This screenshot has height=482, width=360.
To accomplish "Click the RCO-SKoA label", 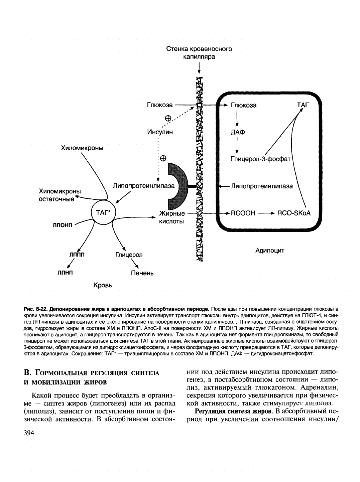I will pos(294,213).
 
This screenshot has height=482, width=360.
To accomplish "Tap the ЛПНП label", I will pos(65,272).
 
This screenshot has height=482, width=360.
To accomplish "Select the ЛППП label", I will pos(77,255).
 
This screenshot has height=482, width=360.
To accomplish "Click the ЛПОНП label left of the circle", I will pos(63,224).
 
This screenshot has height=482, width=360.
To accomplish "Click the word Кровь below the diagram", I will pos(102,285).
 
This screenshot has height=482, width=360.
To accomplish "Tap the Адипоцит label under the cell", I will pos(270,250).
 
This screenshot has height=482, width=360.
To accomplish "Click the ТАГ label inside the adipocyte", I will pos(303,105).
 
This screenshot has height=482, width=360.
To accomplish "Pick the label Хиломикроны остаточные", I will pos(60,195).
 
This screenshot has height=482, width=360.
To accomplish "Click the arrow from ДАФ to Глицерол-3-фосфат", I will pos(237,145).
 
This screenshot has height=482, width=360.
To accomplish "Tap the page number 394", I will pos(29,434).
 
